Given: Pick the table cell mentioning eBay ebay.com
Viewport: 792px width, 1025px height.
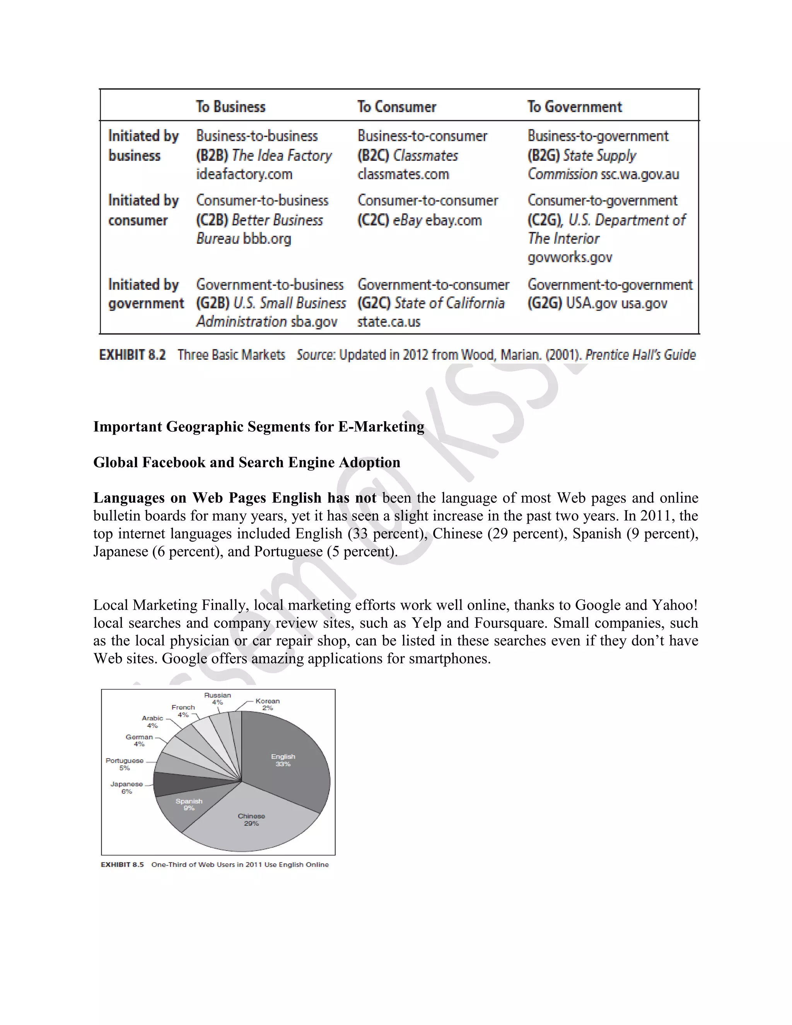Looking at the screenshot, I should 420,220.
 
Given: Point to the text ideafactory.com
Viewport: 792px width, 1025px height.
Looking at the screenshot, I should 244,174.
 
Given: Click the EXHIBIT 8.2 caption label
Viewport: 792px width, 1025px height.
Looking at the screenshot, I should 132,355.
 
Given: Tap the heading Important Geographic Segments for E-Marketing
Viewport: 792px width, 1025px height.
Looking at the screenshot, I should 259,426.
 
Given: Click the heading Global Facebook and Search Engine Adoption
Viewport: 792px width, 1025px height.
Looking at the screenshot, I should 247,462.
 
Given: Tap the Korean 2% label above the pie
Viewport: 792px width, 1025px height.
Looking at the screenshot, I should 268,704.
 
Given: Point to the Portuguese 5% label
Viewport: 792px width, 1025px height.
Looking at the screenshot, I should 125,764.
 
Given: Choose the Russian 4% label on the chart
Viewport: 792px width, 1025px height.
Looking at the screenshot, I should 217,698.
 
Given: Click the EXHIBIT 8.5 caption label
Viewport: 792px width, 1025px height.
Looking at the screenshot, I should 122,864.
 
